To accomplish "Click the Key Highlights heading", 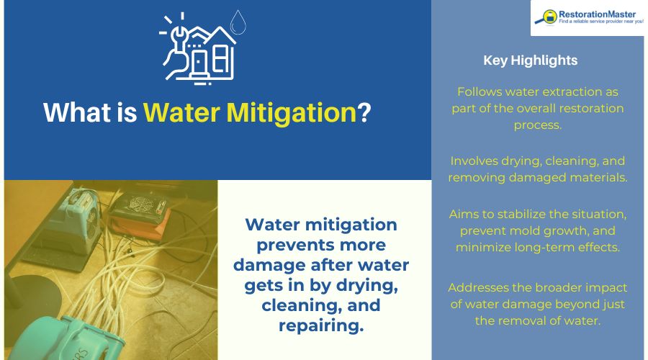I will (530, 60).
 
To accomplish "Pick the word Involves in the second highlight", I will (473, 161).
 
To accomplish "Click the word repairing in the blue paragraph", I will (321, 325).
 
